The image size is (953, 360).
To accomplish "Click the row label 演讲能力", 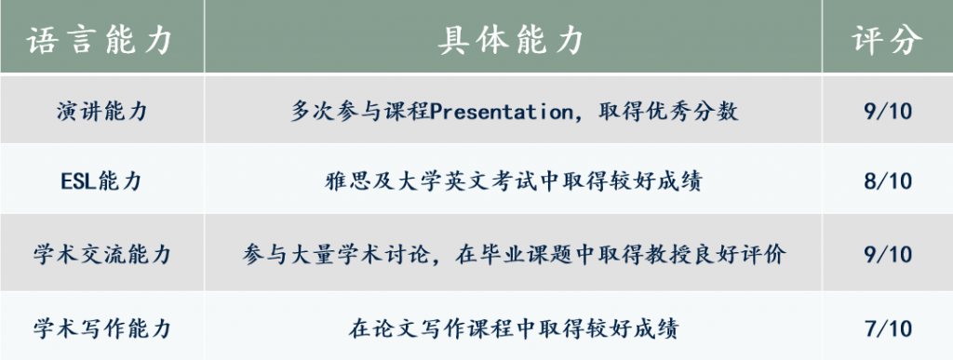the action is [102, 111].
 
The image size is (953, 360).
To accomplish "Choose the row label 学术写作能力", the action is [102, 328].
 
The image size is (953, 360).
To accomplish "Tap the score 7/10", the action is [888, 328].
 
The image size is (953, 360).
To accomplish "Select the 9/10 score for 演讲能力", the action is [888, 111].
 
